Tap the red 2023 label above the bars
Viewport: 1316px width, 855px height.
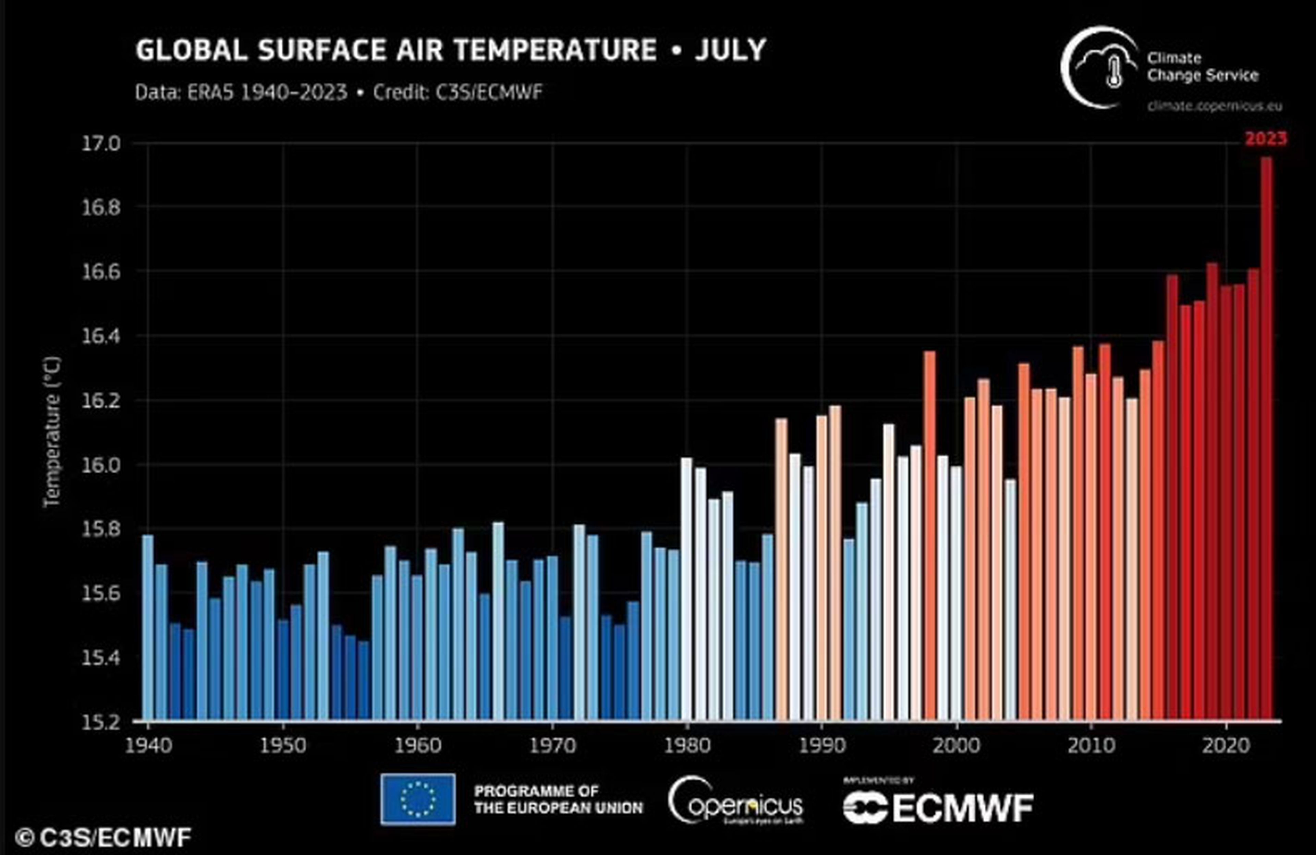1265,138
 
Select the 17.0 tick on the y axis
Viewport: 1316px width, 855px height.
101,144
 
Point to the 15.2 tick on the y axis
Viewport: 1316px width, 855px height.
101,722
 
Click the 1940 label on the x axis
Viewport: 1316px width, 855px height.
148,745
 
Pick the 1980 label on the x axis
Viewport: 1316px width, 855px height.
687,745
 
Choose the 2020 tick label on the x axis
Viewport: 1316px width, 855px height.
1226,745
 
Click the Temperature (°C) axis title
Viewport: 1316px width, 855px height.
52,432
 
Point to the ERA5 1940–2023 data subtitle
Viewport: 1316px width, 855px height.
241,92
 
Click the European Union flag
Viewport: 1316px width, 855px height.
418,799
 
